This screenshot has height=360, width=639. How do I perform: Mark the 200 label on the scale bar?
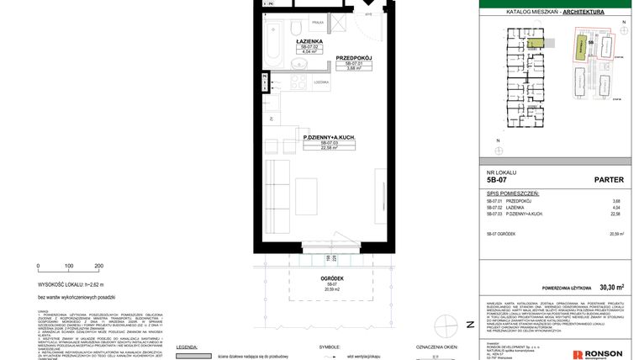point(98,265)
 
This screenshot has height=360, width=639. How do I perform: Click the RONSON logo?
point(604,353)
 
